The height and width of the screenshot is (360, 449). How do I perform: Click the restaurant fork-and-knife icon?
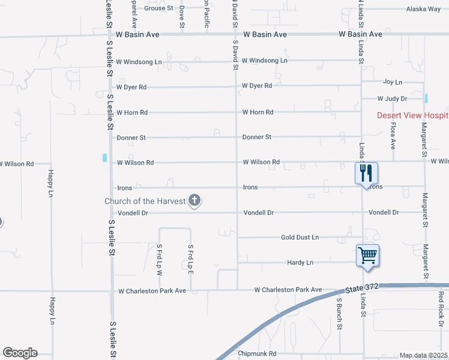click(x=366, y=173)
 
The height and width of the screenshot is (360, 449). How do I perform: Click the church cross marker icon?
click(x=194, y=200)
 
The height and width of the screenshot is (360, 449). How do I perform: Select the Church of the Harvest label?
click(x=145, y=201)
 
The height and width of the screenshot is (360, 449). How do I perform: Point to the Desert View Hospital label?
click(x=412, y=115)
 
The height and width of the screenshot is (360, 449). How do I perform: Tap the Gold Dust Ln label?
click(x=300, y=238)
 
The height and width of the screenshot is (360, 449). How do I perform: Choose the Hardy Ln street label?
click(x=300, y=263)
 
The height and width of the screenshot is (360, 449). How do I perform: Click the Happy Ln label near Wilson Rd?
click(x=51, y=184)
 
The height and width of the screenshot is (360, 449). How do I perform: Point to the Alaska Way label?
click(x=423, y=9)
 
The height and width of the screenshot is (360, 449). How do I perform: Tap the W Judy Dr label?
click(x=392, y=98)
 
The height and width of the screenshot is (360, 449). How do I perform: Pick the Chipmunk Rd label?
click(x=256, y=354)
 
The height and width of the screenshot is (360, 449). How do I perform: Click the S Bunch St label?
click(x=339, y=314)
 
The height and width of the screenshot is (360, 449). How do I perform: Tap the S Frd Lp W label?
click(x=159, y=259)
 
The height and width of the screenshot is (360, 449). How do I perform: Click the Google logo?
click(x=20, y=353)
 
